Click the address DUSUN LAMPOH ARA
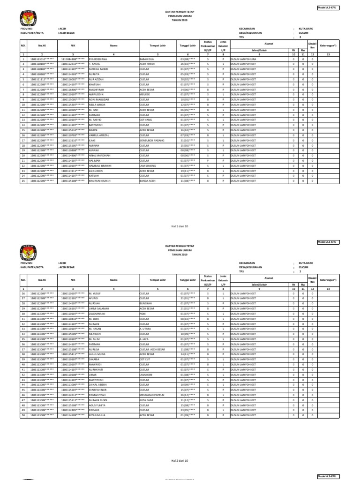(x=243, y=60)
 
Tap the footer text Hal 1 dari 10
(x=180, y=225)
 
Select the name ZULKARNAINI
(x=97, y=314)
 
